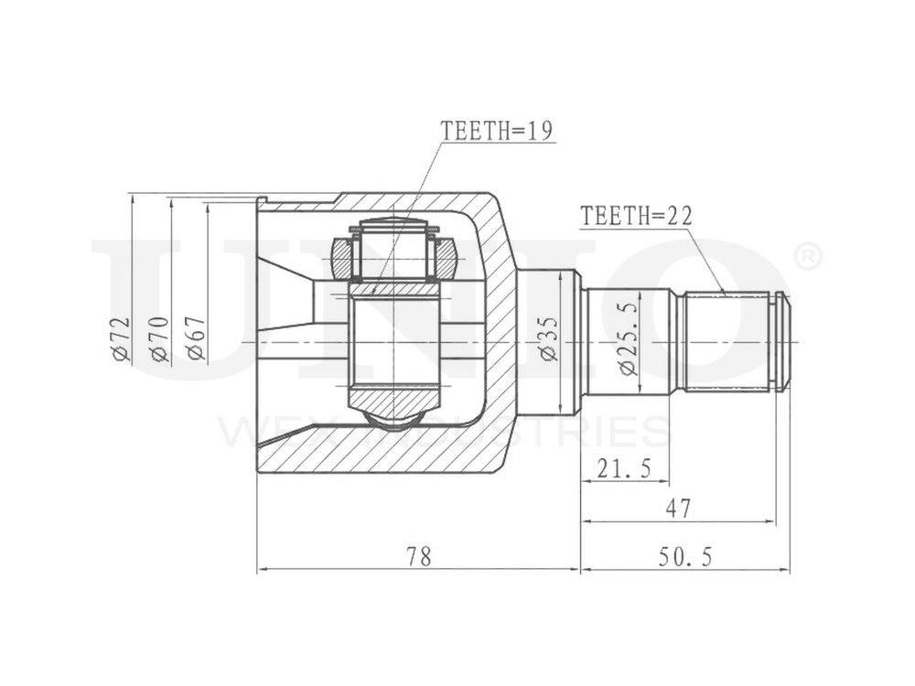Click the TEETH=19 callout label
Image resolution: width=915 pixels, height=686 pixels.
(497, 131)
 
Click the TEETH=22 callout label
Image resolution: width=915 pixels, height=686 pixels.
(636, 216)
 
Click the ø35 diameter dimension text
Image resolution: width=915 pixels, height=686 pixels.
(548, 339)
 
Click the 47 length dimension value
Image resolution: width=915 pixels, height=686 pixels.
(678, 508)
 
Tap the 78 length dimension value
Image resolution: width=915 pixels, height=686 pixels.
(418, 555)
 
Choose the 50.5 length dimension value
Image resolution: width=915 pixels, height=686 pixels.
(684, 555)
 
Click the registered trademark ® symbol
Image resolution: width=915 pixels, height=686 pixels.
(805, 258)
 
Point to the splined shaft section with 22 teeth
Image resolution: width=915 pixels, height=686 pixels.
(727, 341)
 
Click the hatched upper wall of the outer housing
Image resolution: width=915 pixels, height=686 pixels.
(412, 203)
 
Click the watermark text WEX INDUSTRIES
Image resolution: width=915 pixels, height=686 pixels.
(444, 431)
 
